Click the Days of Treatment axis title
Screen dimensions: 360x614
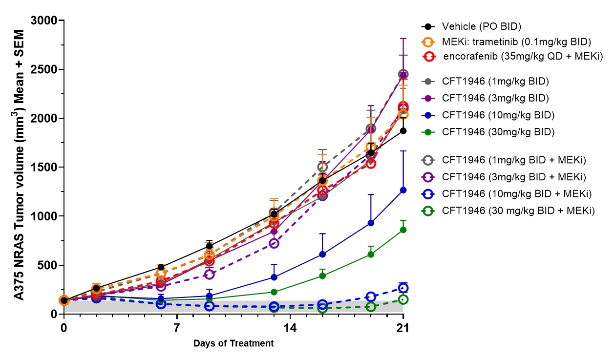pyautogui.click(x=233, y=343)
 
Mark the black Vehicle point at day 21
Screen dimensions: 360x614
pyautogui.click(x=403, y=131)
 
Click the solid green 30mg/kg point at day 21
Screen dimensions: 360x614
pyautogui.click(x=403, y=230)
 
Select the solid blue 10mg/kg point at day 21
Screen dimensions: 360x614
pyautogui.click(x=403, y=190)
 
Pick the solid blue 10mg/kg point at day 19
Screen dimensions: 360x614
pyautogui.click(x=371, y=223)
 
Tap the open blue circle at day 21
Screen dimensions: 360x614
pyautogui.click(x=403, y=288)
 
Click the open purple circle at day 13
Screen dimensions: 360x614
pyautogui.click(x=274, y=243)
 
